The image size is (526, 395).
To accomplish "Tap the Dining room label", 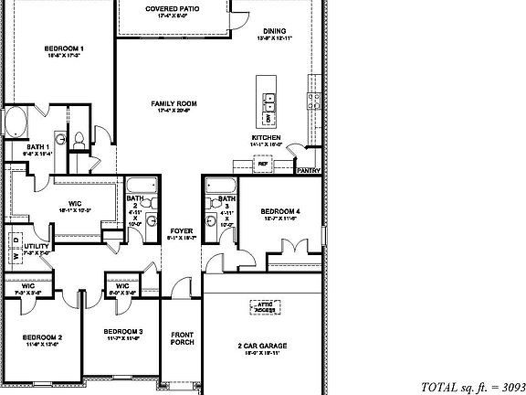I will coord(274,30).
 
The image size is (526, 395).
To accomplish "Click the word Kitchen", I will coord(266,138).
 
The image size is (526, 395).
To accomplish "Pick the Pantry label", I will coord(308,169).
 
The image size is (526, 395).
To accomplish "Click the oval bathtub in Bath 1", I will coord(17,121).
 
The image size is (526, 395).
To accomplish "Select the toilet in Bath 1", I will coord(79,139).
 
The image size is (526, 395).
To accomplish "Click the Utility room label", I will coord(36,246).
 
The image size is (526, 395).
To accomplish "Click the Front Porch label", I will coord(182,337).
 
